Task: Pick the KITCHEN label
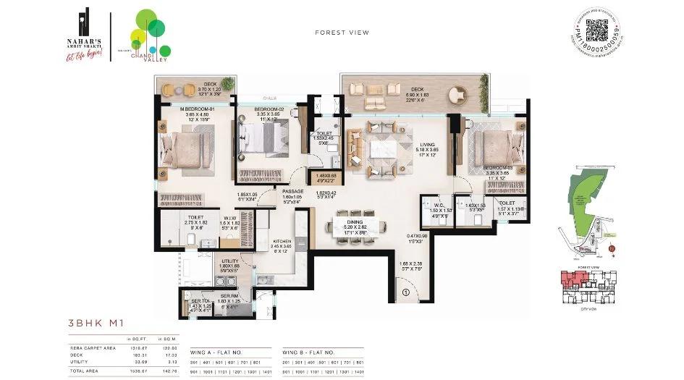coord(282,242)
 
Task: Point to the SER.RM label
coord(229,295)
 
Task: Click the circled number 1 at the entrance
coord(406,292)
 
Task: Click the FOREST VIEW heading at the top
coord(342,33)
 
